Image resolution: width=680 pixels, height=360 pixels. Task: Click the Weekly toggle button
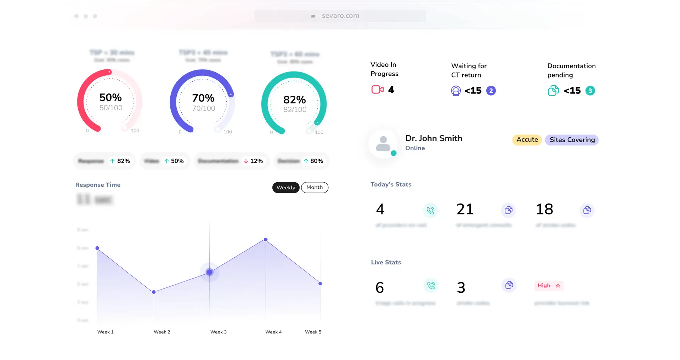[x=286, y=188]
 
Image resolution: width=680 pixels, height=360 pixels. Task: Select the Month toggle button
[x=314, y=187]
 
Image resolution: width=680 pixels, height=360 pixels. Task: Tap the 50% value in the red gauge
[x=110, y=97]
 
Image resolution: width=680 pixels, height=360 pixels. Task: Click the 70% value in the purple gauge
[x=203, y=98]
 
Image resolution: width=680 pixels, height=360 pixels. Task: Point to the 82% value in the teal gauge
[x=294, y=100]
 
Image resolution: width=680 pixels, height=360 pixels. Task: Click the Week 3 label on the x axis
[x=218, y=332]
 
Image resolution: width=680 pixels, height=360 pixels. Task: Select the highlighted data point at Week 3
[x=210, y=272]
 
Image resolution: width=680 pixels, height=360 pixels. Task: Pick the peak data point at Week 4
[x=266, y=240]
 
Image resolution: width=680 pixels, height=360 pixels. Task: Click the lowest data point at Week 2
[x=154, y=292]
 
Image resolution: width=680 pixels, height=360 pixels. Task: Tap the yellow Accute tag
[x=527, y=140]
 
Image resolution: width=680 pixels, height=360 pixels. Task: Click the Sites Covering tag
[x=572, y=140]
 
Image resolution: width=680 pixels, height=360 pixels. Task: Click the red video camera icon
[x=378, y=90]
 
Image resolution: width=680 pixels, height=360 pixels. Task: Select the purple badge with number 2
[x=491, y=91]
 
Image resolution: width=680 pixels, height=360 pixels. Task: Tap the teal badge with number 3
[x=590, y=91]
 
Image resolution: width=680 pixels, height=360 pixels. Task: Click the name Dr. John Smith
[x=433, y=138]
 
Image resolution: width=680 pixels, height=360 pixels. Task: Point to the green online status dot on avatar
[x=393, y=153]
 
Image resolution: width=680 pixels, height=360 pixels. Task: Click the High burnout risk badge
[x=549, y=286]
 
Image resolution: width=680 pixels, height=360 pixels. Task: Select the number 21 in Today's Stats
[x=465, y=209]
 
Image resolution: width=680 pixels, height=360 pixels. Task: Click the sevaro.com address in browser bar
[x=340, y=16]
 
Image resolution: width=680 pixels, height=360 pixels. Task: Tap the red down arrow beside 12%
[x=246, y=161]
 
